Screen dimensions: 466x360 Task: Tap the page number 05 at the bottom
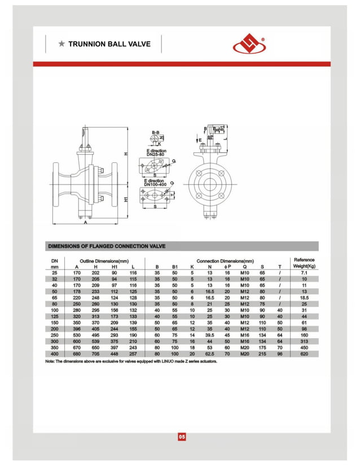coord(181,437)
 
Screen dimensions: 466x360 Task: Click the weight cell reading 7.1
coord(304,272)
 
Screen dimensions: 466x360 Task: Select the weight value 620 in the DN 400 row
coord(304,354)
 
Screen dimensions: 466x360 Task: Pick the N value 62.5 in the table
coord(209,354)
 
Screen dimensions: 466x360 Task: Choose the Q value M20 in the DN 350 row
coord(244,348)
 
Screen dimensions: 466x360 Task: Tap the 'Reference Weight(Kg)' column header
coord(304,263)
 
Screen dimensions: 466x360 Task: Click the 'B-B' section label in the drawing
coord(154,131)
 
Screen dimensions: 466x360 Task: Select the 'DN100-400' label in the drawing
coord(155,185)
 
